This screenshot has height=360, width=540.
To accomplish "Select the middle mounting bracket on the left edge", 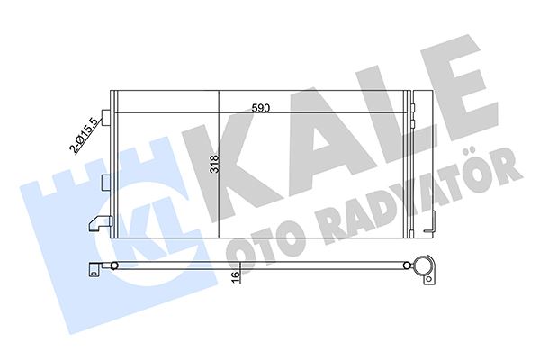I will pos(107,182).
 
